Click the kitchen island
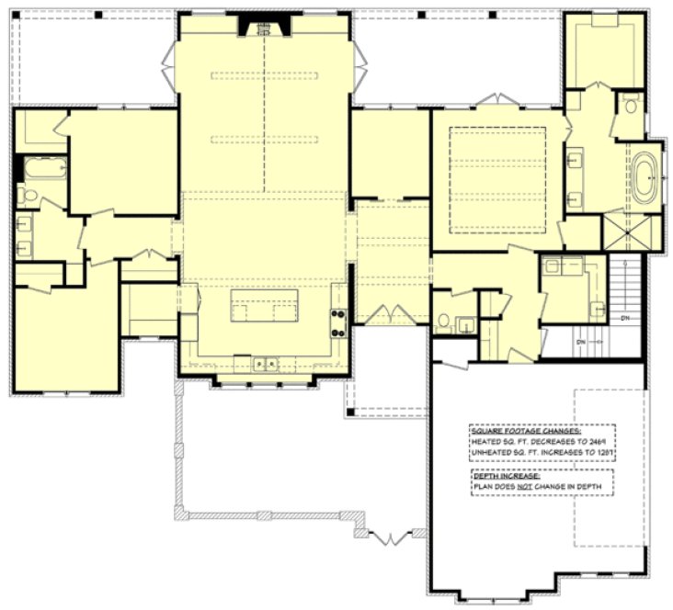(264, 305)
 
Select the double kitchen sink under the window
(266, 364)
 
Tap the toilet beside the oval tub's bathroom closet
(631, 105)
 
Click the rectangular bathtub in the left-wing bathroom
(42, 170)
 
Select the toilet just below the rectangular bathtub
(27, 195)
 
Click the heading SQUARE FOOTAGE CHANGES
(526, 430)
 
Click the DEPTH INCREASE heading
(500, 475)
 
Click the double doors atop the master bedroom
(497, 98)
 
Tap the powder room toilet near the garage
(443, 322)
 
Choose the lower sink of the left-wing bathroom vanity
(23, 245)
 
